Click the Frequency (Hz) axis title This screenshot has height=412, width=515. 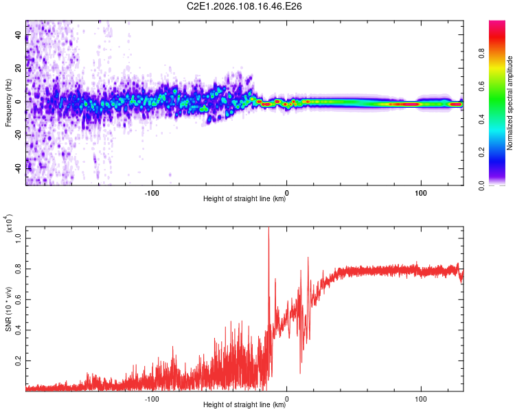pyautogui.click(x=8, y=103)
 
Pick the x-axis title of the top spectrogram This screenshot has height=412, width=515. pyautogui.click(x=244, y=199)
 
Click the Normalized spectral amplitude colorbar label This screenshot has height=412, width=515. pyautogui.click(x=510, y=103)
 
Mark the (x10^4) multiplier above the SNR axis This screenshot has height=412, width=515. pyautogui.click(x=9, y=223)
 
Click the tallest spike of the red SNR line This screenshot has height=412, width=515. pyautogui.click(x=268, y=229)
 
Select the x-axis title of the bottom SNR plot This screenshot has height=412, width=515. pyautogui.click(x=244, y=405)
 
